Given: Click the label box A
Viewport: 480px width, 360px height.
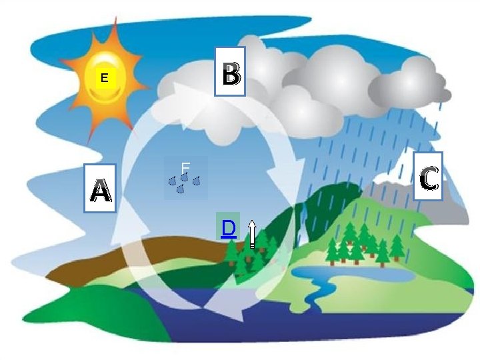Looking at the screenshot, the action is click(100, 188).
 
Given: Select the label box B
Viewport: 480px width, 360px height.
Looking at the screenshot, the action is click(230, 71).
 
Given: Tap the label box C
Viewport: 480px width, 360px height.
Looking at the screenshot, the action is click(427, 176).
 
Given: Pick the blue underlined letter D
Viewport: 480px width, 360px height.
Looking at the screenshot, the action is click(228, 229).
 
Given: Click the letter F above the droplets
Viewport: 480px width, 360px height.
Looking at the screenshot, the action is click(185, 167).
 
